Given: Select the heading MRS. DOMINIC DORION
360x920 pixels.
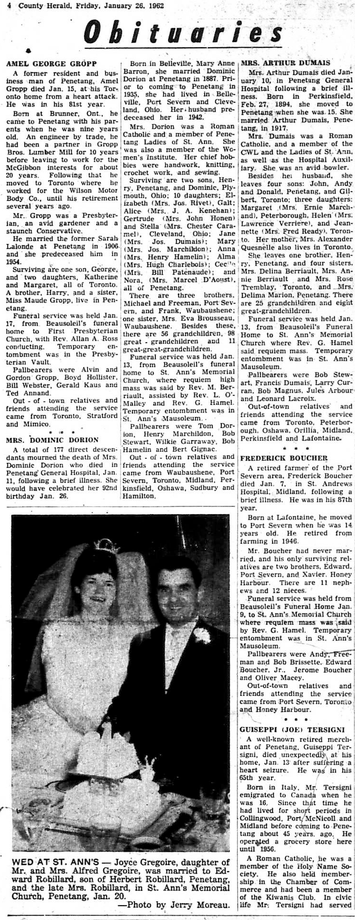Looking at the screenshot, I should tap(52, 440).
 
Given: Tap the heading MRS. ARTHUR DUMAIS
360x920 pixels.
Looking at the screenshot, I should tap(279, 63).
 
